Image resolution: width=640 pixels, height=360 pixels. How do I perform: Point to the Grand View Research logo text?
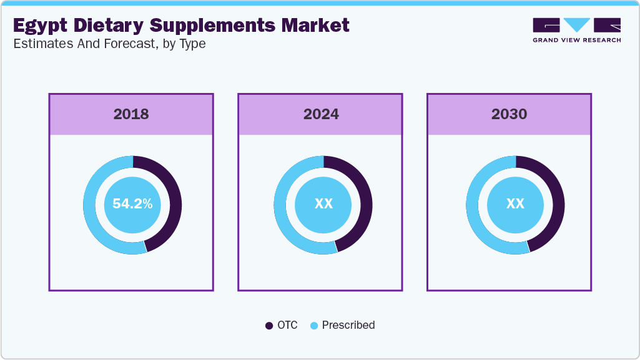tap(576, 40)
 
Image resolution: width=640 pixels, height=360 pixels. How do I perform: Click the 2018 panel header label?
tap(131, 114)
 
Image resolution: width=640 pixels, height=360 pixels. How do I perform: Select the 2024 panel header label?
tap(321, 114)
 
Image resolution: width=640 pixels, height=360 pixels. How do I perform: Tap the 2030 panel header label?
tap(509, 114)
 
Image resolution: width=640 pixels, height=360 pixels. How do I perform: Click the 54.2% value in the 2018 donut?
tap(132, 204)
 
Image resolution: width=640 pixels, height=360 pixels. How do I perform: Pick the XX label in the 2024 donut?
tap(323, 204)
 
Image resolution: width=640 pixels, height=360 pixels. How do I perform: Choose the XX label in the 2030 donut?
tap(515, 204)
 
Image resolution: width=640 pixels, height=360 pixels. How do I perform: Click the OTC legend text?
tap(288, 325)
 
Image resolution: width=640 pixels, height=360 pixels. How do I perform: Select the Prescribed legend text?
tap(348, 325)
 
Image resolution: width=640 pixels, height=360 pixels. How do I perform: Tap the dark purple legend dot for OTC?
tap(269, 325)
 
